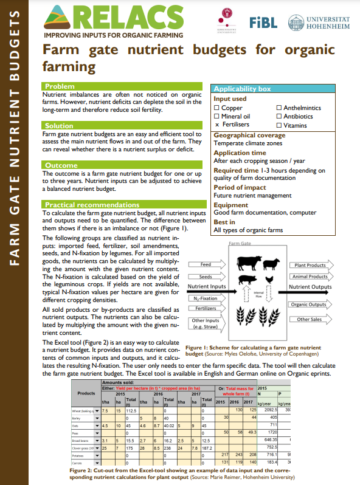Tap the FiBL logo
(263, 22)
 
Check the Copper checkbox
(216, 108)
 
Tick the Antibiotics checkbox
(279, 116)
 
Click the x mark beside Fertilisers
(216, 125)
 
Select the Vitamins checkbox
(279, 125)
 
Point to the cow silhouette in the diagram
(247, 263)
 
